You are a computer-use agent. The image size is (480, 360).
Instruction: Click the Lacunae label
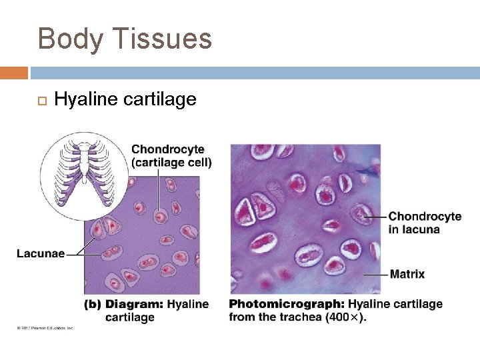[x=41, y=253]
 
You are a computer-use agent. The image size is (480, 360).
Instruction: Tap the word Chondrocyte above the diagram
[x=168, y=149]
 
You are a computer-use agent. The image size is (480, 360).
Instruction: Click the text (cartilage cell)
[x=171, y=162]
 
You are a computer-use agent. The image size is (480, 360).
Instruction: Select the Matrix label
[x=407, y=274]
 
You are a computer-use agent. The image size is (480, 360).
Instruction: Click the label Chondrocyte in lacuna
[x=424, y=223]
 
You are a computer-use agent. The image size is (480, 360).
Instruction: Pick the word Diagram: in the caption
[x=134, y=305]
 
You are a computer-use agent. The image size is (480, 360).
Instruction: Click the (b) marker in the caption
[x=93, y=305]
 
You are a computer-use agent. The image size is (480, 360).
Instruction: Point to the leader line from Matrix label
[x=376, y=274]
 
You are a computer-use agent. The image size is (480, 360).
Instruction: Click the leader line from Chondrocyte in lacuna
[x=377, y=216]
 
